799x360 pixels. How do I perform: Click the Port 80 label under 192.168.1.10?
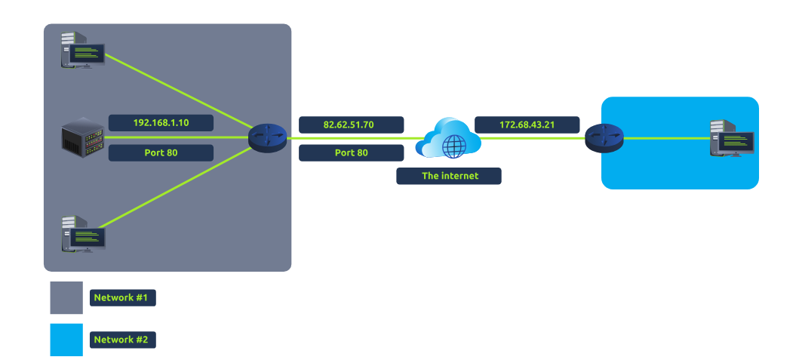pyautogui.click(x=161, y=152)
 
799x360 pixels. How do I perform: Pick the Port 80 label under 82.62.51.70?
pyautogui.click(x=352, y=152)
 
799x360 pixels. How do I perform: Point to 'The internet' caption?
pyautogui.click(x=449, y=176)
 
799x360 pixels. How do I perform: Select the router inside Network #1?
pyautogui.click(x=268, y=137)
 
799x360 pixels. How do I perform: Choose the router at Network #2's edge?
pyautogui.click(x=604, y=138)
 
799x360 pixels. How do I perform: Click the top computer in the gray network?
pyautogui.click(x=83, y=49)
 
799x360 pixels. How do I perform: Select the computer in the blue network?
pyautogui.click(x=731, y=138)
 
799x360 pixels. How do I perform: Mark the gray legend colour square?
pyautogui.click(x=66, y=298)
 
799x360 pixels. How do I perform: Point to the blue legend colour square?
pyautogui.click(x=66, y=340)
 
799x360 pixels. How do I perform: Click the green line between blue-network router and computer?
pyautogui.click(x=664, y=138)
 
